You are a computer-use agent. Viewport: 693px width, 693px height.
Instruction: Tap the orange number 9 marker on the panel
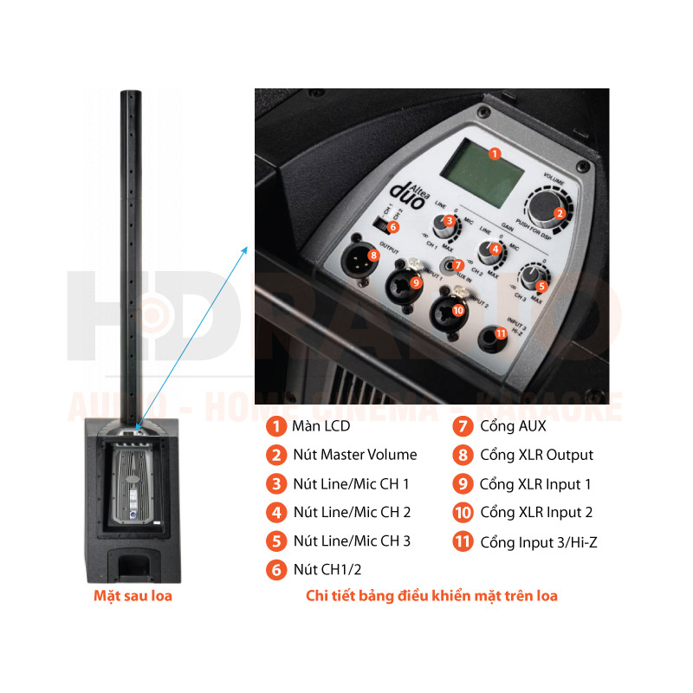click(x=415, y=282)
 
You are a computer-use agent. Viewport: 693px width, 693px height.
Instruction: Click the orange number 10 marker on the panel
click(x=457, y=309)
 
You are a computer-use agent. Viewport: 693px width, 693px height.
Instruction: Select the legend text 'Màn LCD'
click(x=321, y=426)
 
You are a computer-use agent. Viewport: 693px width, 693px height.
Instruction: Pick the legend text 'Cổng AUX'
click(x=514, y=426)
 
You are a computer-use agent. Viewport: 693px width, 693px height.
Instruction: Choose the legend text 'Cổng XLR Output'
click(x=537, y=455)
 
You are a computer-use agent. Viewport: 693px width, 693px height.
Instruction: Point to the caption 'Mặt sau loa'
click(x=133, y=596)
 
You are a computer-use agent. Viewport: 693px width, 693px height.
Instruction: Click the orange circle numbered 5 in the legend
click(x=275, y=541)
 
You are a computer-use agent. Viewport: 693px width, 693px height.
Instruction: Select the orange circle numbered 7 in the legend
click(x=463, y=426)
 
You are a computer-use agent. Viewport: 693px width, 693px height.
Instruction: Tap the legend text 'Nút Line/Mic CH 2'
click(x=352, y=512)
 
